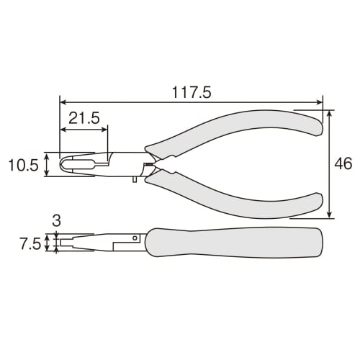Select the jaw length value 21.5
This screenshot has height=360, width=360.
pyautogui.click(x=84, y=117)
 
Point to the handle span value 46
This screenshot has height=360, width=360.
pyautogui.click(x=343, y=163)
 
